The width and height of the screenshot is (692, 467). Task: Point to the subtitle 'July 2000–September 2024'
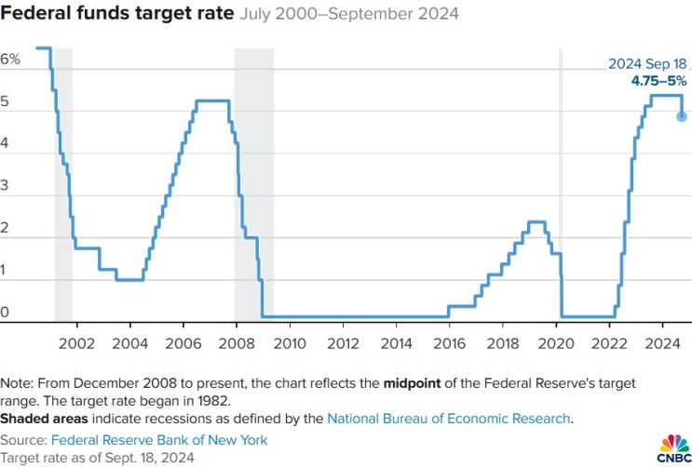pos(348,16)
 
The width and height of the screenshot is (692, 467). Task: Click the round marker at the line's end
pos(682,116)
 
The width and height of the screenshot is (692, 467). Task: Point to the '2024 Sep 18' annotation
pos(647,64)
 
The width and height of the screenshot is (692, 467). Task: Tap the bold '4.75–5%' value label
pos(659,81)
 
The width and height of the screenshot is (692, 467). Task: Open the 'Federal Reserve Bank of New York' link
pos(159,439)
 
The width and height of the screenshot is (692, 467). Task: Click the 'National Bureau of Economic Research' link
pos(448,419)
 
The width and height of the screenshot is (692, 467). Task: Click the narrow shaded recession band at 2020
pos(561,186)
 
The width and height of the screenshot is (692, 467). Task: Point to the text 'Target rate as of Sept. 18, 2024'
pos(98,458)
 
